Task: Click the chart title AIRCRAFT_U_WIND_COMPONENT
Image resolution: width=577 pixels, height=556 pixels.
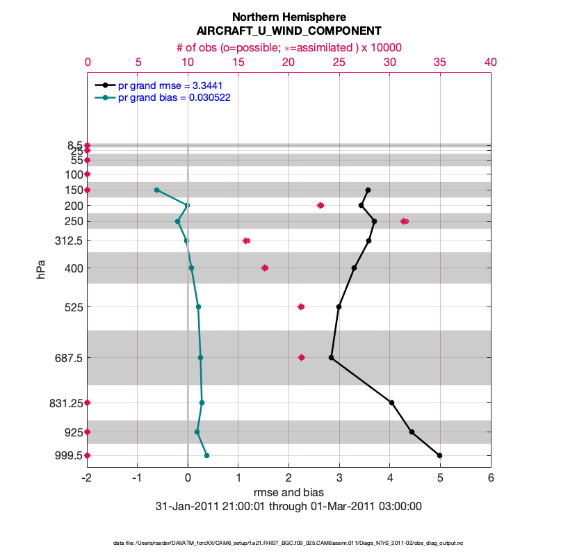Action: pyautogui.click(x=288, y=31)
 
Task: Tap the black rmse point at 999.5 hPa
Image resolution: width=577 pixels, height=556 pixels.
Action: pyautogui.click(x=439, y=455)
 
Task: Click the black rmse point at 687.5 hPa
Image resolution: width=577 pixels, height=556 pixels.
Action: pyautogui.click(x=331, y=358)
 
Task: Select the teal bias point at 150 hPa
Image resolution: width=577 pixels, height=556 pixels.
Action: pyautogui.click(x=156, y=190)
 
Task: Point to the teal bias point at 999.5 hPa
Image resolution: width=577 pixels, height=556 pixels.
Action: pyautogui.click(x=206, y=455)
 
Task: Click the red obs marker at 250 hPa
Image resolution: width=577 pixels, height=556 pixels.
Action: pyautogui.click(x=405, y=221)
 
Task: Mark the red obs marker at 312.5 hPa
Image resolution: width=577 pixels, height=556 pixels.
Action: pyautogui.click(x=246, y=240)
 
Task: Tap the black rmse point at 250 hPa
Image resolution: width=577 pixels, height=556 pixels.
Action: pyautogui.click(x=374, y=221)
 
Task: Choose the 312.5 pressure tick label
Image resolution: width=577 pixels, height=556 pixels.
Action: pyautogui.click(x=69, y=240)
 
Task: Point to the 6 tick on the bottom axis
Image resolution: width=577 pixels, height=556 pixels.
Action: pyautogui.click(x=491, y=479)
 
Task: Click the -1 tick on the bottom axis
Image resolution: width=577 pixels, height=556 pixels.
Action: pyautogui.click(x=138, y=479)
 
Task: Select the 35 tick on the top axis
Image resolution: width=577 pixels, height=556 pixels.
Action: pyautogui.click(x=439, y=62)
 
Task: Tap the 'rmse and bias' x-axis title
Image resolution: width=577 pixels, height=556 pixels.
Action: pyautogui.click(x=288, y=493)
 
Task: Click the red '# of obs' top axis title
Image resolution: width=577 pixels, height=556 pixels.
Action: pyautogui.click(x=288, y=47)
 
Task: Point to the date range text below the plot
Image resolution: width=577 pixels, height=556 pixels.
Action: pyautogui.click(x=288, y=507)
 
